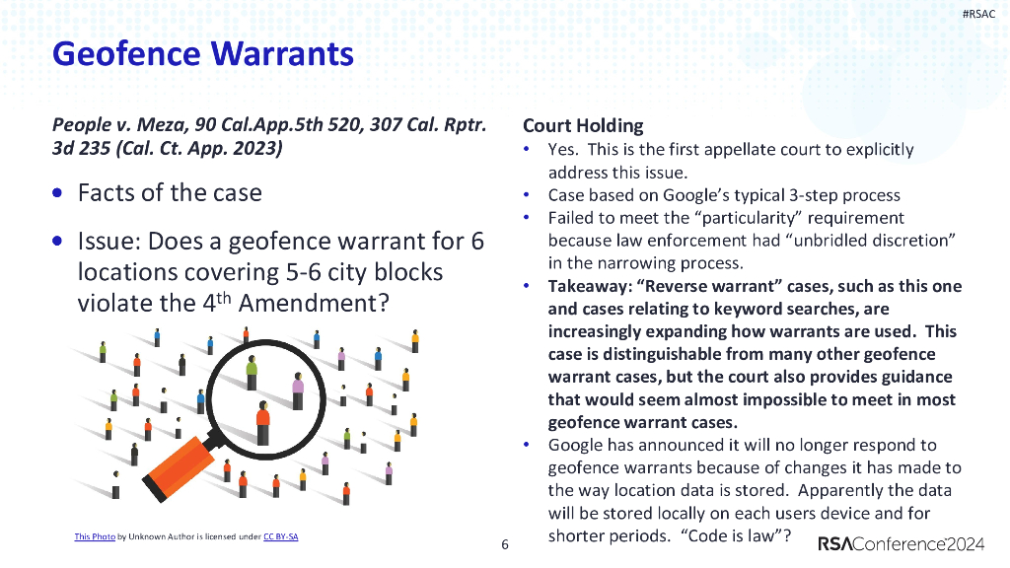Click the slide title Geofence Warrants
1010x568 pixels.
[202, 53]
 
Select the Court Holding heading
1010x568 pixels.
[582, 125]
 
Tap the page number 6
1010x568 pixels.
[505, 544]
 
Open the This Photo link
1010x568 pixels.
[95, 536]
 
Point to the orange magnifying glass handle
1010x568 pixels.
[182, 466]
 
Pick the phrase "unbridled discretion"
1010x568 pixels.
[888, 241]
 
